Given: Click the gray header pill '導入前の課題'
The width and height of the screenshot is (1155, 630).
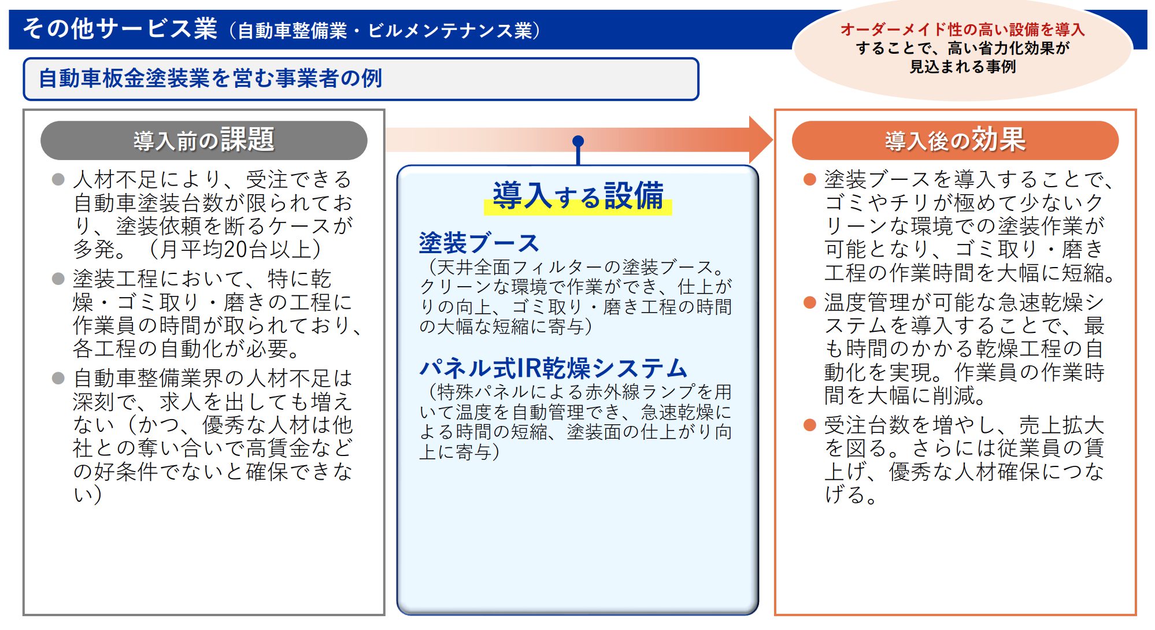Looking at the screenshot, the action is (203, 140).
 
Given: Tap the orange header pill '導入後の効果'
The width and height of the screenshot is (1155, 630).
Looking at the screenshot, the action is (955, 140).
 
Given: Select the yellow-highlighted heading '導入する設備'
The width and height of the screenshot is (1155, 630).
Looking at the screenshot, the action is (578, 196).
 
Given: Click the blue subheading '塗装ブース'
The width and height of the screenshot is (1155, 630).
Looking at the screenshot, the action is (479, 243).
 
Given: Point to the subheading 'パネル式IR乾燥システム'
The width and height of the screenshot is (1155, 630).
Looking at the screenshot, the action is (553, 368).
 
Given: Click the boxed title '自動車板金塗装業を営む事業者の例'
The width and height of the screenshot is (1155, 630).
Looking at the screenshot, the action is (210, 78).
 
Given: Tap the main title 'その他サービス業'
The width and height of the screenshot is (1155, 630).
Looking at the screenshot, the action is (120, 28).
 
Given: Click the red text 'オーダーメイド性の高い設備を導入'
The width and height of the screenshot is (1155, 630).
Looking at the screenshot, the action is (962, 29).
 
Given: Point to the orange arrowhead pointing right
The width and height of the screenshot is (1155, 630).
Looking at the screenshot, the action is (761, 140).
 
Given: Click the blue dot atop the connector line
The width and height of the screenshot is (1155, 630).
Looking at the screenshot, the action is (578, 141).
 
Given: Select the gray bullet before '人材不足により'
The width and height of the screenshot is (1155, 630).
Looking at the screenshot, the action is (58, 179).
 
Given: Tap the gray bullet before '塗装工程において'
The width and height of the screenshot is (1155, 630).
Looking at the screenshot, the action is (58, 279).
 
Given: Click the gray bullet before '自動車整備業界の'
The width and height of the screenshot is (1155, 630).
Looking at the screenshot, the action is (58, 378).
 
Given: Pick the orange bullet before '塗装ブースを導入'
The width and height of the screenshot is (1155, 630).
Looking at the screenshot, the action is (810, 179).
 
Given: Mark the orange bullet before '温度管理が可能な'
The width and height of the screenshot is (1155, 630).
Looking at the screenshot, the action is (810, 302).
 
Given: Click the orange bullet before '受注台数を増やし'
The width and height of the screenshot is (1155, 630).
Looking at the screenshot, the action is (810, 425).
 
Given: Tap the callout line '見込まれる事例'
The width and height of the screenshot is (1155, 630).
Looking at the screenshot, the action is (962, 66).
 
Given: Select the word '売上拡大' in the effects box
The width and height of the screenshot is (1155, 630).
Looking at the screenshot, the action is (1061, 425).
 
